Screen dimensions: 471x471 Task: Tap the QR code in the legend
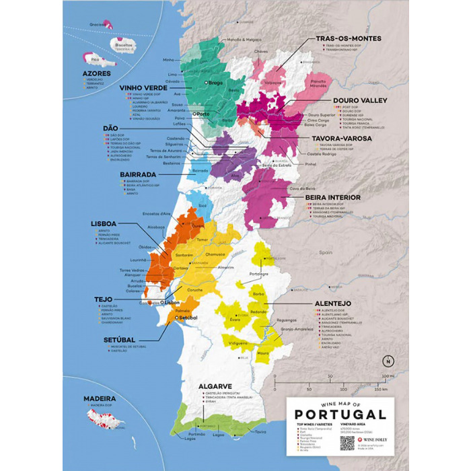[x=347, y=443]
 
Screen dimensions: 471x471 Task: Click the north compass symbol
[x=382, y=358]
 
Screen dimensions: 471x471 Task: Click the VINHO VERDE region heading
[x=143, y=87]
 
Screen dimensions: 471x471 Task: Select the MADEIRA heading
[x=99, y=398]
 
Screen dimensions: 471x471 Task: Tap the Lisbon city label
[x=171, y=303]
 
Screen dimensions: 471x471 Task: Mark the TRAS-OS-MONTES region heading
[x=349, y=39]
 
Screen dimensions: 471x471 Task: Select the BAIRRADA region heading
[x=139, y=174]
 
